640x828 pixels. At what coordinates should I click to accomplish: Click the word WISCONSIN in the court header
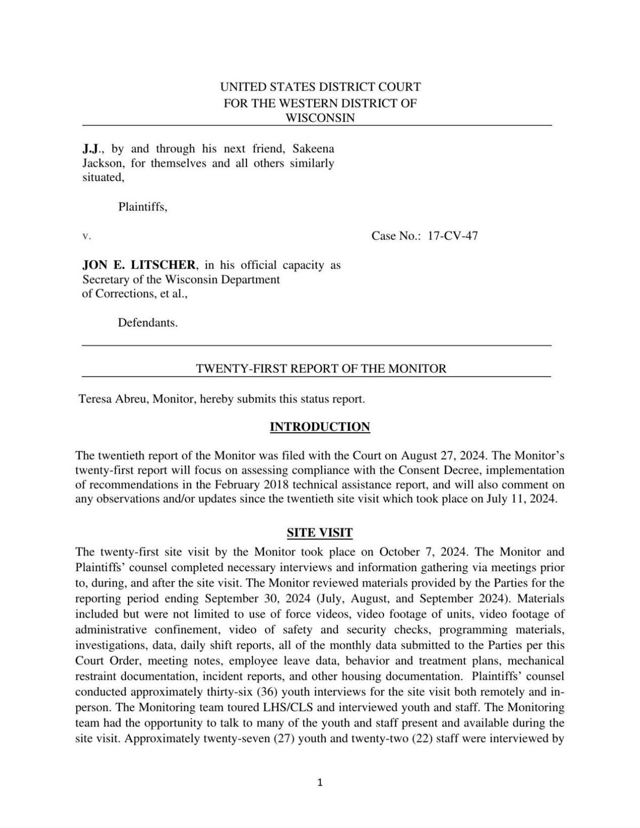click(x=320, y=118)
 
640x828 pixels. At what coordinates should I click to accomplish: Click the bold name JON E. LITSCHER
click(x=139, y=265)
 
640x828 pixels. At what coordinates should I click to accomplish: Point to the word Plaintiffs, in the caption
click(x=142, y=207)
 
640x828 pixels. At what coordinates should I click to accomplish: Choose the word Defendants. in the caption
click(x=148, y=322)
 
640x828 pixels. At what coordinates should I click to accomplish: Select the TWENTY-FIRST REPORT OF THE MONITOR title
click(x=321, y=368)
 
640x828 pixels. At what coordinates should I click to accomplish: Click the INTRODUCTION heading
click(x=319, y=427)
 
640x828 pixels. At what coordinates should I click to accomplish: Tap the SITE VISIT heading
click(x=319, y=533)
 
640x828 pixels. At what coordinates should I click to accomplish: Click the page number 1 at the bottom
click(x=320, y=783)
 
